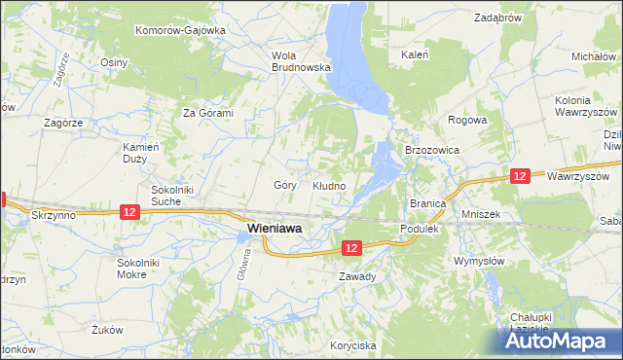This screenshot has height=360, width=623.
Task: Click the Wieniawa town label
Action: tap(274, 228)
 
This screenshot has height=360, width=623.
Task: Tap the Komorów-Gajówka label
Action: tap(180, 30)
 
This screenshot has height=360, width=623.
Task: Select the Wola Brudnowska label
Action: tap(302, 61)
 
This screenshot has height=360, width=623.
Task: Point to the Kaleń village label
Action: tap(416, 55)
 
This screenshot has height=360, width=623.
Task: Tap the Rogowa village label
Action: tap(466, 121)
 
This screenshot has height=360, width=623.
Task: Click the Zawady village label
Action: tap(357, 276)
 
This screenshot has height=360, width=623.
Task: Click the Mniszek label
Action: tap(481, 212)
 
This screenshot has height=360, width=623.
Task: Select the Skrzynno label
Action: tap(52, 214)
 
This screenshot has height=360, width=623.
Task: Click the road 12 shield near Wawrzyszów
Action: tap(520, 175)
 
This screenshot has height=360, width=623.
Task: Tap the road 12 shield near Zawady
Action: tap(352, 249)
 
